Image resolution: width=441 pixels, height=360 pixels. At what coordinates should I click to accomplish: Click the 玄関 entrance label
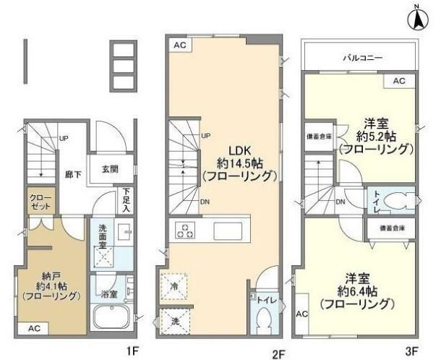coord(110,170)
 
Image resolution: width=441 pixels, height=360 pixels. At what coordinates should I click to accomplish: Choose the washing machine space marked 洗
coord(174,320)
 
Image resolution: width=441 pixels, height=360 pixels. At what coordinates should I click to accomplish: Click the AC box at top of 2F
coord(179,45)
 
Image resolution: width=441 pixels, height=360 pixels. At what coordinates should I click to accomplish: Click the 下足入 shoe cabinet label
coord(127,200)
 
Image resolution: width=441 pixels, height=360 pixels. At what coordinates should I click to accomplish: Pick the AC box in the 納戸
coord(35,329)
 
